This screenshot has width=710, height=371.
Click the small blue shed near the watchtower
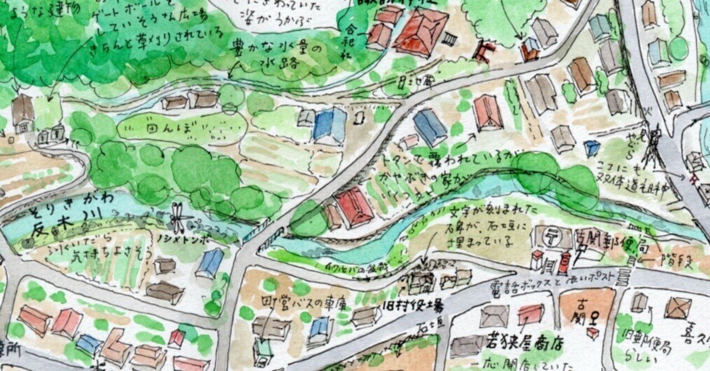coord(592,148)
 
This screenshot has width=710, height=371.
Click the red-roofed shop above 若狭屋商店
coord(531,314)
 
